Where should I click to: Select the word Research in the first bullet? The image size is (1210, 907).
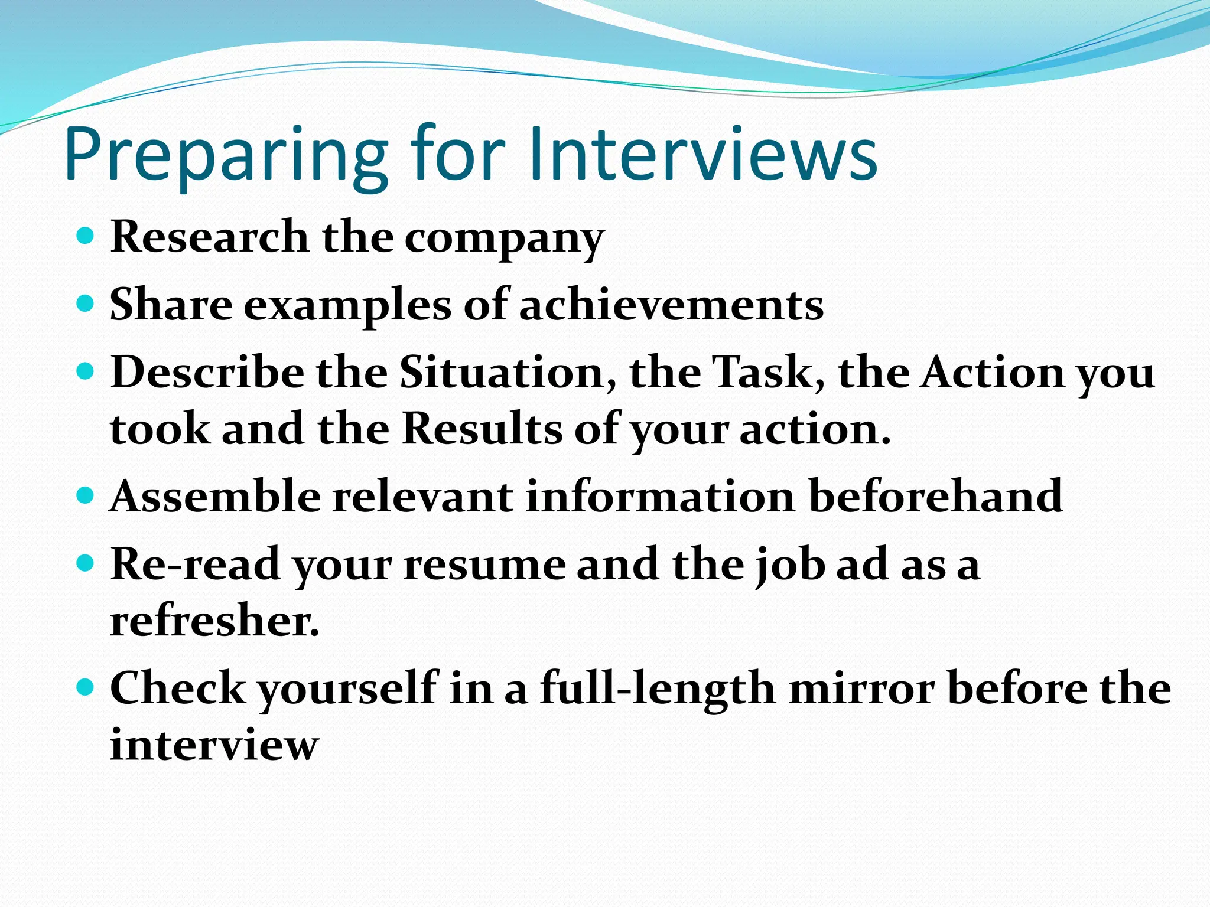click(209, 237)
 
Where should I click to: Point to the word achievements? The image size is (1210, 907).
click(671, 305)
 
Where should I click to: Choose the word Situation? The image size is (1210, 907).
click(508, 373)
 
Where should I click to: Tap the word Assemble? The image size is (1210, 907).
click(215, 496)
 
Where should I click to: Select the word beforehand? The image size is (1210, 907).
click(936, 496)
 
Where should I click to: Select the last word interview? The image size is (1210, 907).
click(214, 745)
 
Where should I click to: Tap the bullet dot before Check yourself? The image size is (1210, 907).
click(86, 687)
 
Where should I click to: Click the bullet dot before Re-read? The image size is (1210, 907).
click(86, 563)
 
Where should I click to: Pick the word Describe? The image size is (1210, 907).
click(207, 373)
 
